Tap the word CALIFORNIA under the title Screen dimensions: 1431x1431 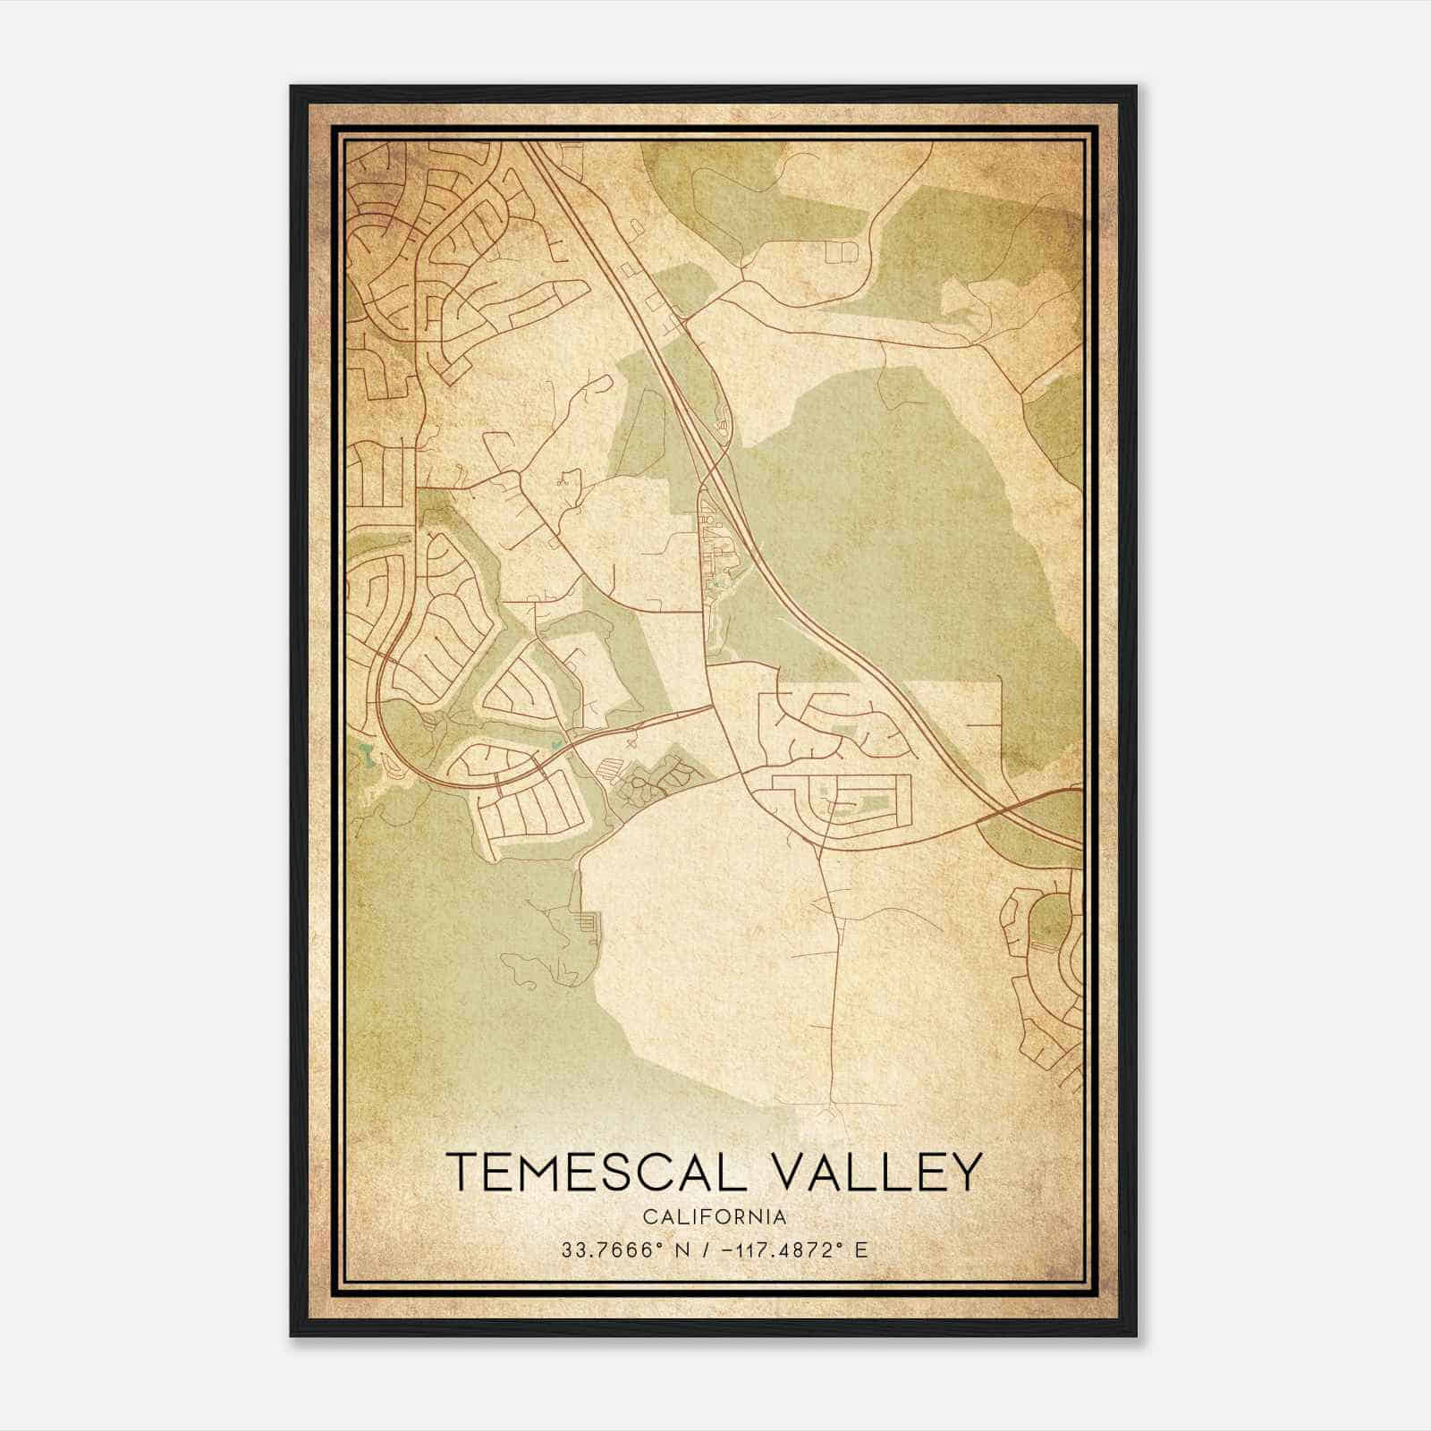click(x=715, y=1217)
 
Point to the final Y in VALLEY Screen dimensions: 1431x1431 click(x=964, y=1173)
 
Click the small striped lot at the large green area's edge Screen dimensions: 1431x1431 click(x=587, y=921)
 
